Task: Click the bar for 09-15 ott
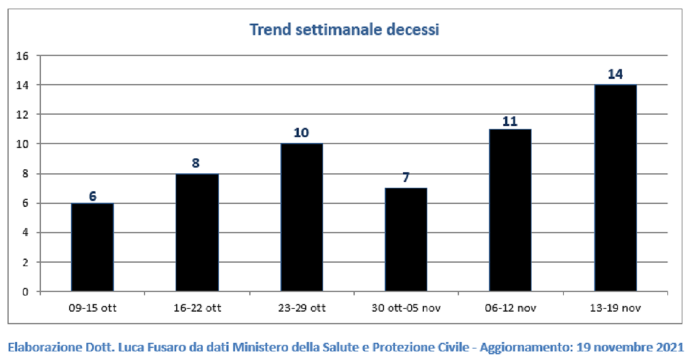pos(92,247)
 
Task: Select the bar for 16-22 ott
pos(197,233)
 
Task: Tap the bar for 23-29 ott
pos(302,218)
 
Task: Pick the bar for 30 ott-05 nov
pos(406,240)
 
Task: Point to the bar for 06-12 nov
pos(510,210)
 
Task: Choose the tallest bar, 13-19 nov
pos(616,188)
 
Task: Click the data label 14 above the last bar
pos(616,74)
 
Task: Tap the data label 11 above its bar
pos(510,122)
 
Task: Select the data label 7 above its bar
pos(406,177)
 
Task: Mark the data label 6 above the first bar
pos(93,196)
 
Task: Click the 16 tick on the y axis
pos(22,56)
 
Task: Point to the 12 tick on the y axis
pos(22,115)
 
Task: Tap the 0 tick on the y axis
pos(25,292)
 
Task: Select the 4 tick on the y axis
pos(25,233)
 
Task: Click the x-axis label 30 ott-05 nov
pos(406,308)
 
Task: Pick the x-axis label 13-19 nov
pos(616,308)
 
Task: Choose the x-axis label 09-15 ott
pos(93,308)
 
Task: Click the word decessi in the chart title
pos(412,30)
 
